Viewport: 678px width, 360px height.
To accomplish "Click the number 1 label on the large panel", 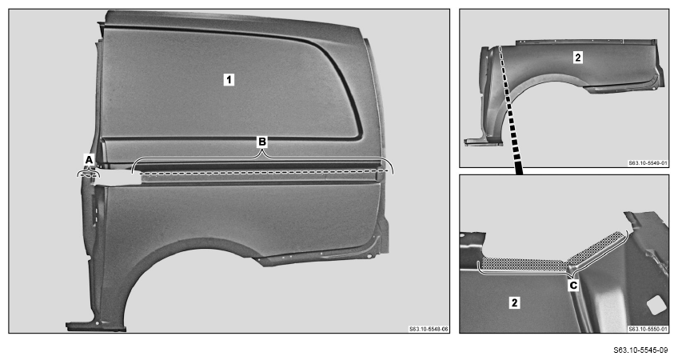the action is click(x=229, y=80).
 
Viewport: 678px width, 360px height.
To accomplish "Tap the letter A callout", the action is click(x=89, y=160).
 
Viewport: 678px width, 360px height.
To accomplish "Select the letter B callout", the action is click(x=262, y=142).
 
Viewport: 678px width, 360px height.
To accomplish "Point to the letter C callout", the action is click(x=573, y=286).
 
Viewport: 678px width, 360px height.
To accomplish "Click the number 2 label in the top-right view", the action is click(x=578, y=57).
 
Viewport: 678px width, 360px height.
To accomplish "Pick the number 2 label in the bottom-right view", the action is click(x=514, y=302).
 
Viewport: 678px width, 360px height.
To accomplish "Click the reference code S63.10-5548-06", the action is click(x=429, y=330).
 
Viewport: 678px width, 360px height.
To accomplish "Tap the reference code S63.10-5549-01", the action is click(x=648, y=163).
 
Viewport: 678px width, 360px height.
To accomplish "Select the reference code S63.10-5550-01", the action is click(x=648, y=330).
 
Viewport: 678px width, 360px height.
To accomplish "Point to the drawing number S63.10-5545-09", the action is click(x=640, y=350).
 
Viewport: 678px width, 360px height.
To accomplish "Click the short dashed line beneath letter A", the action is click(x=88, y=175).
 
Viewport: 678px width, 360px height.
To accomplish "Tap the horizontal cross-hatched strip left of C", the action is click(x=524, y=264).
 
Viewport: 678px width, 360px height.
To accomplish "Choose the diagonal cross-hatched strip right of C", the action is click(x=596, y=247).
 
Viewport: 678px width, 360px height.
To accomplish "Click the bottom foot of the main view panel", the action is click(x=96, y=326).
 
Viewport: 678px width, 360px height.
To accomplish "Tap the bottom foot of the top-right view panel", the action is click(x=484, y=142).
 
